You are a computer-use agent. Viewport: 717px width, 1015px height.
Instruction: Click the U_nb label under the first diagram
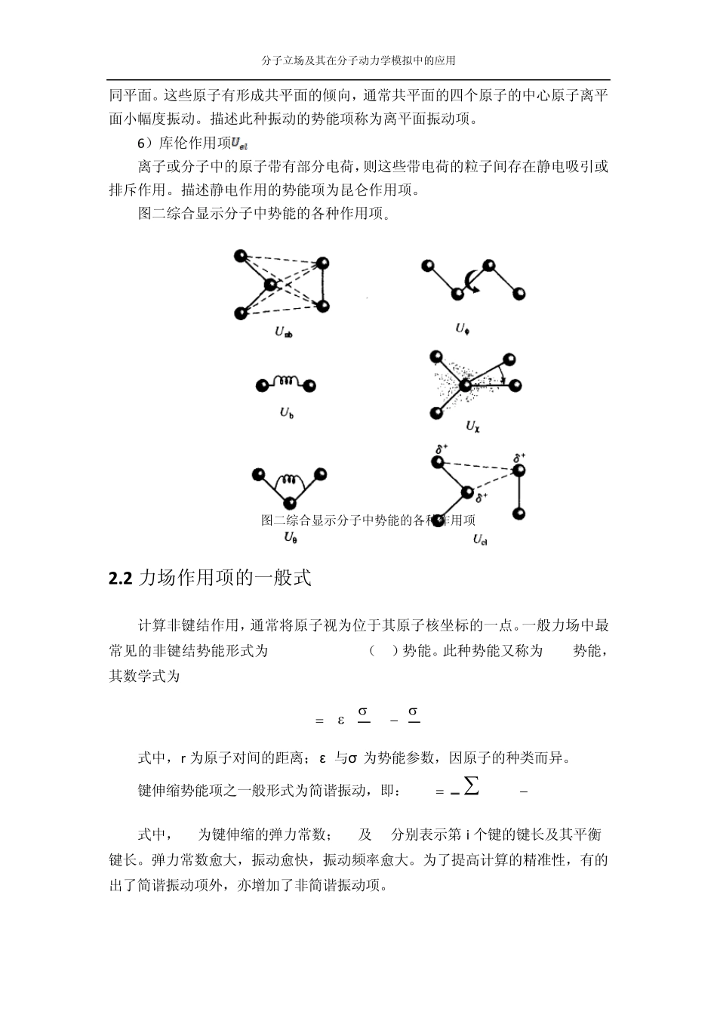tap(284, 332)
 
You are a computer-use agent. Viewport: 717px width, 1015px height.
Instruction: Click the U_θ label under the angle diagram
tap(291, 537)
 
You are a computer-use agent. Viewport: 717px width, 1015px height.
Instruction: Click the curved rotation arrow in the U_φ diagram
tap(472, 281)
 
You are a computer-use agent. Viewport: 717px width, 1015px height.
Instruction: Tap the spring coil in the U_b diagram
tap(286, 383)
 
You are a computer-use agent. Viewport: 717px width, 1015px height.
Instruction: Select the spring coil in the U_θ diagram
tap(289, 480)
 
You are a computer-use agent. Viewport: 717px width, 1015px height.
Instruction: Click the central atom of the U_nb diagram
tap(270, 285)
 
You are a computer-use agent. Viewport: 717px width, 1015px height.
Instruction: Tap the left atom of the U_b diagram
tap(261, 386)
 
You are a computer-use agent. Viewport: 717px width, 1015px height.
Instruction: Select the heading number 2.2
tap(121, 578)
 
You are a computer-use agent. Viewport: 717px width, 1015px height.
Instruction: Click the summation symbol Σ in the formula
tap(471, 786)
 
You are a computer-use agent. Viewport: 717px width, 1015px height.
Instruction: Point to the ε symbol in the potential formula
tap(341, 720)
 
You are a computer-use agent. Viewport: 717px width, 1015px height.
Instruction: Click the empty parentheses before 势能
tap(384, 651)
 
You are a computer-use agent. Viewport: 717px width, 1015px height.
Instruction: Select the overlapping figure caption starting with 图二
tap(368, 520)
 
